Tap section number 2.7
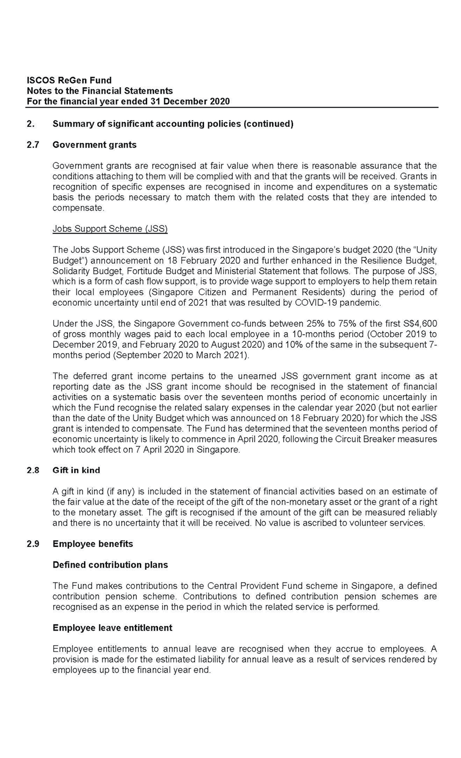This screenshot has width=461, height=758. pos(33,144)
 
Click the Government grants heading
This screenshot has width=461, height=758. pos(94,144)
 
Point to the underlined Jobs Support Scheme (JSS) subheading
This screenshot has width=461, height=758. pos(110,229)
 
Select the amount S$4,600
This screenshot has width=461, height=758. pos(417,323)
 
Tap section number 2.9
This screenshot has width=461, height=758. pos(33,544)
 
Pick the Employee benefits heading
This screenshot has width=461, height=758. pos(93,544)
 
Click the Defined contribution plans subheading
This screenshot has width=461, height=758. pos(110,565)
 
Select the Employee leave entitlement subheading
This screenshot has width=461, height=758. pos(112,628)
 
